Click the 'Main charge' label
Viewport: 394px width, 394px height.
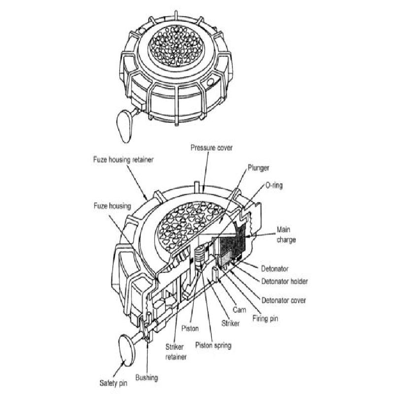286,233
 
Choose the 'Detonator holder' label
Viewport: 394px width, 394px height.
284,282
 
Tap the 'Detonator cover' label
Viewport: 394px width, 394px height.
284,300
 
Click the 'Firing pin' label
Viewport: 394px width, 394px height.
264,318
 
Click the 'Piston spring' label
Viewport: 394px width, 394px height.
213,345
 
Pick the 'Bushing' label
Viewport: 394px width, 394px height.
147,378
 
